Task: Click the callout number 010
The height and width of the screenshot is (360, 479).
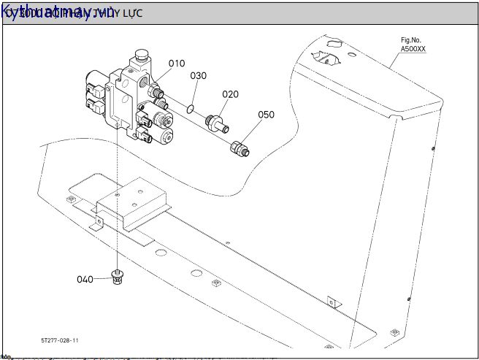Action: [x=177, y=64]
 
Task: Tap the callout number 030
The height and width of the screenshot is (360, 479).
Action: [x=198, y=76]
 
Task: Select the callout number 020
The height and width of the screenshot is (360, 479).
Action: [x=230, y=94]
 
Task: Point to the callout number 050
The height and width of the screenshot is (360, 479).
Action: [x=266, y=115]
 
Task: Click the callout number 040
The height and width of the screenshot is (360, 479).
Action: [x=85, y=279]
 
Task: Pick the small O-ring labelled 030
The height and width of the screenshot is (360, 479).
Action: [x=190, y=109]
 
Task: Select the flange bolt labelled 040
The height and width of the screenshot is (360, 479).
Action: [x=116, y=277]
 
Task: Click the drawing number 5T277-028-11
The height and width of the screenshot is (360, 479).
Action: [x=60, y=340]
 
